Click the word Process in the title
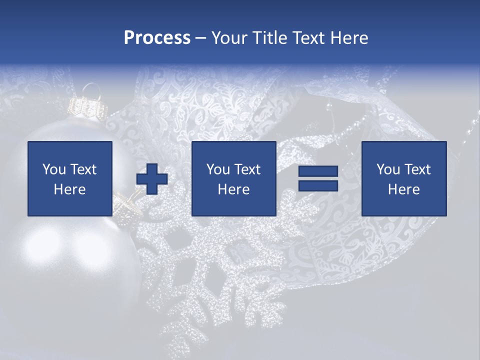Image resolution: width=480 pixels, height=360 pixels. point(157,38)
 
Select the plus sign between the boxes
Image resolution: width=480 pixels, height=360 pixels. point(152,178)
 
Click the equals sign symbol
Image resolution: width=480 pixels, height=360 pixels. point(318,178)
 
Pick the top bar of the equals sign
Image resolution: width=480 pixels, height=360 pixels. point(318,171)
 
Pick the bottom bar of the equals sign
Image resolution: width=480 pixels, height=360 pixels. point(318,185)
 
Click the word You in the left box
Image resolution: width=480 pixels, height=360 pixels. point(54,169)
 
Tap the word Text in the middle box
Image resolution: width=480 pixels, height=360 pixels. point(247,169)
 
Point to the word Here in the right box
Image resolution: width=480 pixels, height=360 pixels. point(403,189)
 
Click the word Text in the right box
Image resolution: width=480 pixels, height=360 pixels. point(417,169)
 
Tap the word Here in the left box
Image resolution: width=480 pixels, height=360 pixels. point(70,189)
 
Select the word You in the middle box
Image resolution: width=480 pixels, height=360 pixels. point(218,169)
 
